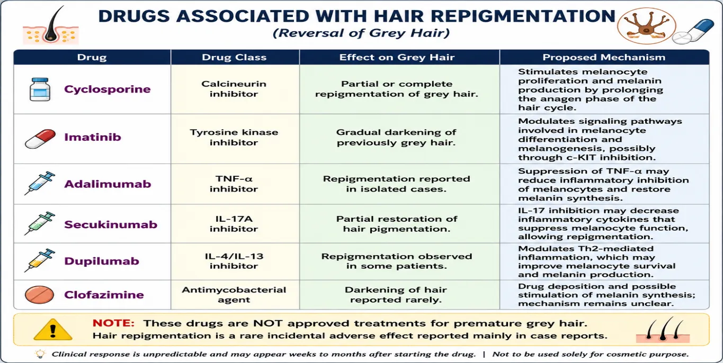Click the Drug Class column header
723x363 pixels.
[234, 57]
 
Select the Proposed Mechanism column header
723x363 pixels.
[604, 57]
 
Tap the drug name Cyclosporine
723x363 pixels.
[107, 89]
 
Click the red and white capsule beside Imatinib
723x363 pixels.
[40, 139]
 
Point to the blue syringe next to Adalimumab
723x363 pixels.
[39, 183]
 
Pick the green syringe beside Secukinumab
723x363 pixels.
[39, 223]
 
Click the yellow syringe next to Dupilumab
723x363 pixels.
[39, 260]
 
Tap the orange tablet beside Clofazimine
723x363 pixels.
[39, 295]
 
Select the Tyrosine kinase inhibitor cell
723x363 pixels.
[234, 138]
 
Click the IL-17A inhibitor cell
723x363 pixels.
[234, 224]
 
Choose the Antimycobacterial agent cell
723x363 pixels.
[234, 295]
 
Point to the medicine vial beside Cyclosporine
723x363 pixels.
[40, 89]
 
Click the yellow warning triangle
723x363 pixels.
[53, 330]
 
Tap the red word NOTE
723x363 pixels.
[113, 323]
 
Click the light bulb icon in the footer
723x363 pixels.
[40, 354]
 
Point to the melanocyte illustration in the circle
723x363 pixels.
[646, 26]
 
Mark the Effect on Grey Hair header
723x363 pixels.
[397, 57]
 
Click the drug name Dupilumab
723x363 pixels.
[101, 261]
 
